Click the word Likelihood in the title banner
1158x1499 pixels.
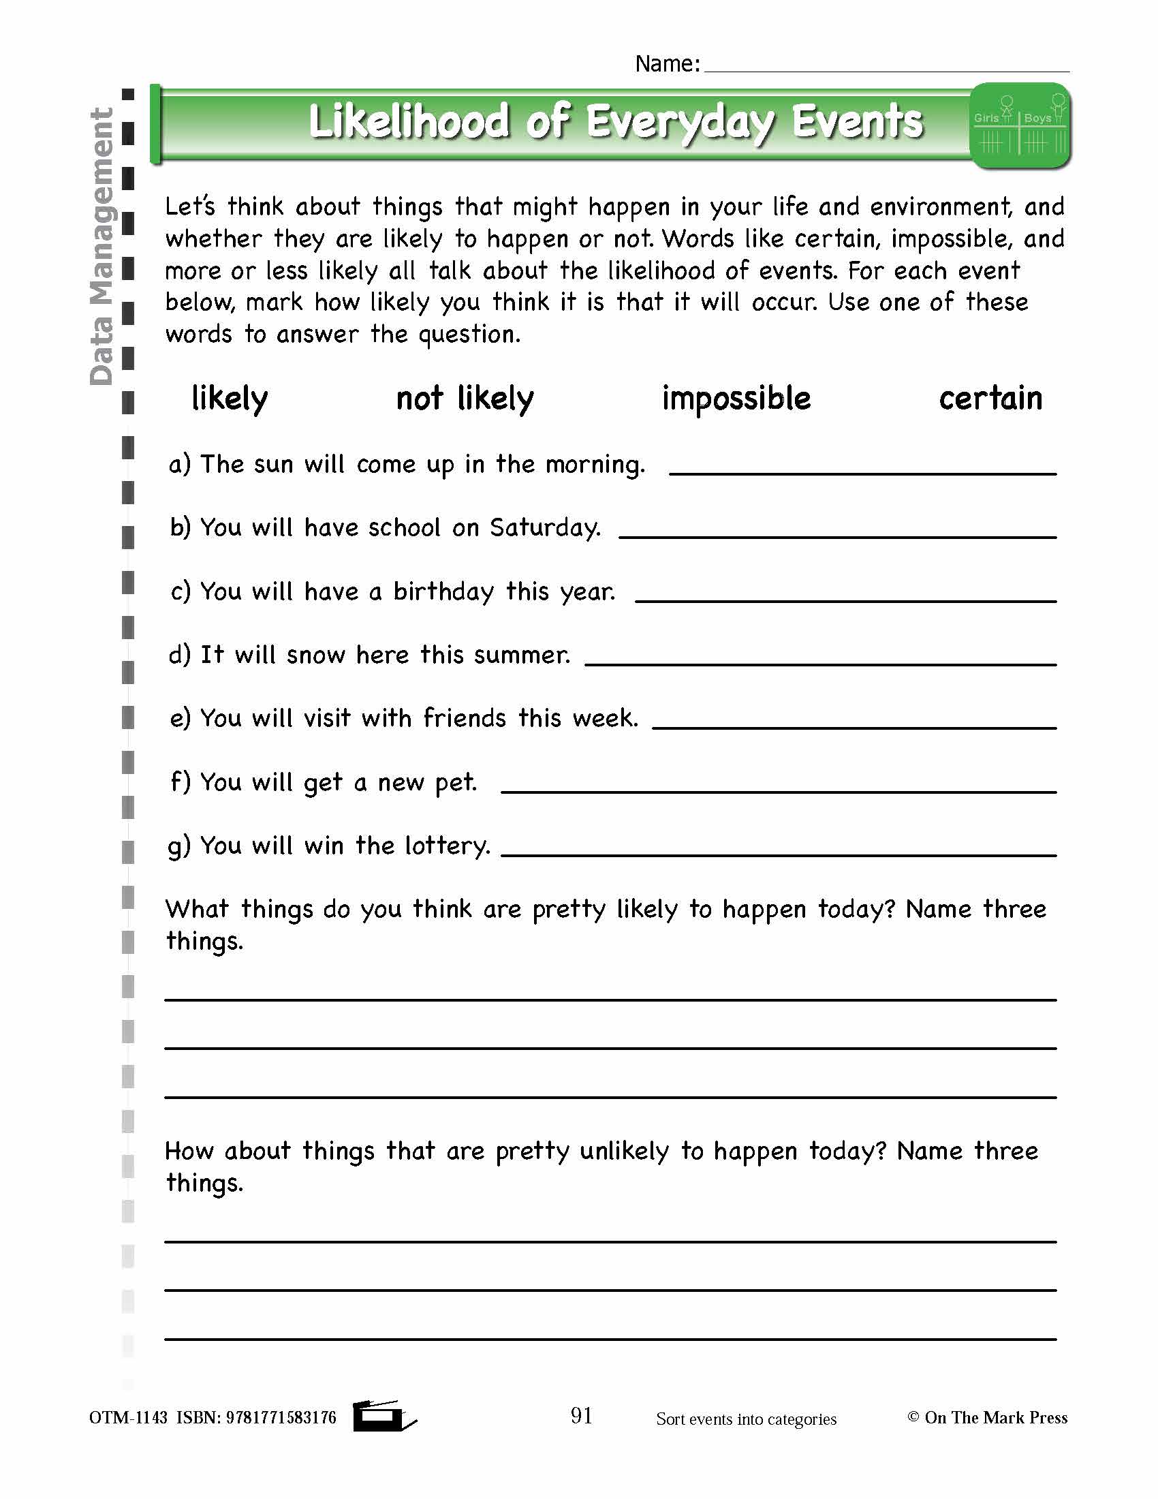coord(409,122)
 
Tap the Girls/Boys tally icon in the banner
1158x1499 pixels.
coord(1021,125)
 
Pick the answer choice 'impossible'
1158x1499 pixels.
coord(736,399)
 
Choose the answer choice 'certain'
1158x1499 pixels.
coord(990,399)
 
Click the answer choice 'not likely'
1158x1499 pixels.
coord(465,399)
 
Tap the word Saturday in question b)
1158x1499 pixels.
coord(545,528)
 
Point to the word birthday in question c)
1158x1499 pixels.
coord(443,591)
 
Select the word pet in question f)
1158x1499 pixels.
coord(456,782)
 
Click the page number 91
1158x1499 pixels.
coord(581,1415)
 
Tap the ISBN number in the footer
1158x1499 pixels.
coord(281,1418)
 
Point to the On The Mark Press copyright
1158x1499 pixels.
coord(988,1418)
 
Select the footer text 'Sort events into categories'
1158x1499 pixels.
coord(746,1419)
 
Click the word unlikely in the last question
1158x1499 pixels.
coord(623,1151)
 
